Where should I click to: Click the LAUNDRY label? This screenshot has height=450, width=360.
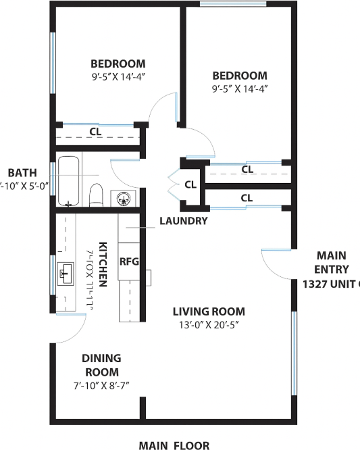(x=183, y=221)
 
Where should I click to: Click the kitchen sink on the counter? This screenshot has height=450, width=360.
(x=66, y=274)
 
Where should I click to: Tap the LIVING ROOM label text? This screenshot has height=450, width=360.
(x=208, y=311)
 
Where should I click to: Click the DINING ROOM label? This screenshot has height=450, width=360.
(x=101, y=365)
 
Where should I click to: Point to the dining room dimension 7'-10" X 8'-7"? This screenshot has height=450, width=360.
(x=101, y=384)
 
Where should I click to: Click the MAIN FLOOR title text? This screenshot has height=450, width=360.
(x=174, y=445)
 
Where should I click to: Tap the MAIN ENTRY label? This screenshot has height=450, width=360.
(x=331, y=262)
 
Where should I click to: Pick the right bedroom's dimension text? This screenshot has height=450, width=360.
(x=239, y=88)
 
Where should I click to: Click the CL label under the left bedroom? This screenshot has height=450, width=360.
(x=96, y=132)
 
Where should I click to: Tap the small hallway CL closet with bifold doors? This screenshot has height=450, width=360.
(x=190, y=184)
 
